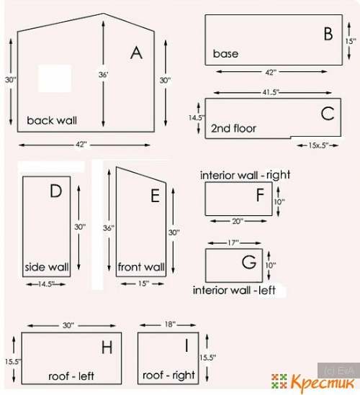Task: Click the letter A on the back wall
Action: (136, 53)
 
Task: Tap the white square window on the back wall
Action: (55, 78)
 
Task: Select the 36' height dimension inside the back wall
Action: (103, 75)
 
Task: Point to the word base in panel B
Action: (225, 54)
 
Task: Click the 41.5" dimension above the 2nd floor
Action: (271, 92)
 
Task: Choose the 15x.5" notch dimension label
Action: (318, 145)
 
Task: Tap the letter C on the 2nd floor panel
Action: (328, 114)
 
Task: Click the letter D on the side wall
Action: (55, 191)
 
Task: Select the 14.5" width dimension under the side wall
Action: (46, 284)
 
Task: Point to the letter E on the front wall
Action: (155, 196)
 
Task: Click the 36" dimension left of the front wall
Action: (109, 228)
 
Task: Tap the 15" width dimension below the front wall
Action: (143, 283)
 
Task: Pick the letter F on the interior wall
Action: (260, 195)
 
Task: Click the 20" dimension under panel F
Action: (238, 221)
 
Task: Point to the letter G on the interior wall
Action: (249, 262)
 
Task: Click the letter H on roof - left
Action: (107, 348)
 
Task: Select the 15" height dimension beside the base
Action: (351, 41)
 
